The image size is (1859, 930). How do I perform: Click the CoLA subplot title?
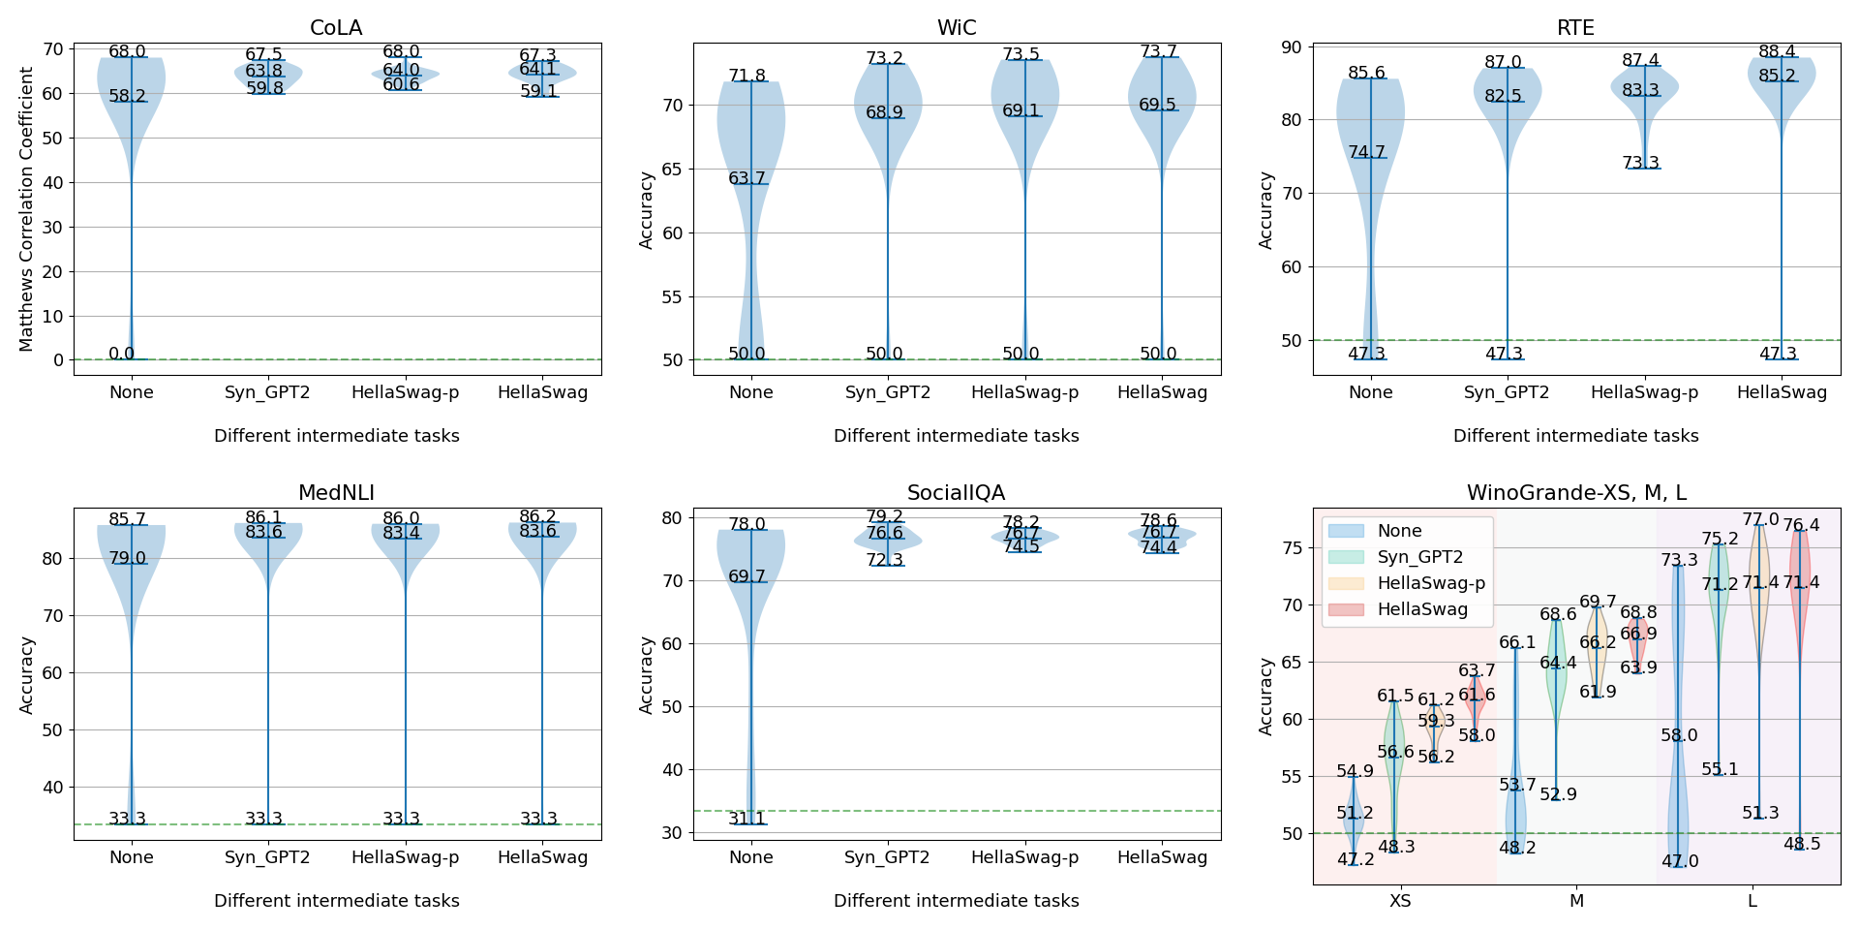[336, 28]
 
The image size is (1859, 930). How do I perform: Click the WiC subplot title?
[956, 28]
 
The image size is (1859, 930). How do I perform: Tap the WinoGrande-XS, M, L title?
[1575, 493]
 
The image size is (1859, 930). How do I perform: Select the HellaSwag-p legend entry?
[1431, 583]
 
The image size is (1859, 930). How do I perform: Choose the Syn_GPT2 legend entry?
[1419, 557]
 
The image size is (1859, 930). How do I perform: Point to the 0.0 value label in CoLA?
[122, 354]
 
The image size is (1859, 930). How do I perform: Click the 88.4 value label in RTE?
[1777, 51]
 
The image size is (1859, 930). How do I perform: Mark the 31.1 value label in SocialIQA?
[747, 819]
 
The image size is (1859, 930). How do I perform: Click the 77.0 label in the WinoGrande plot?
[1760, 520]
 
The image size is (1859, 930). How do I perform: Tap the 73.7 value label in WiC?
[1158, 51]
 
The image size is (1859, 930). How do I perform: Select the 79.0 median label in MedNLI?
[127, 558]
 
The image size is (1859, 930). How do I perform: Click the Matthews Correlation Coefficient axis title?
[26, 208]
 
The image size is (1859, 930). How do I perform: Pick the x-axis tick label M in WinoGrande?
[1576, 901]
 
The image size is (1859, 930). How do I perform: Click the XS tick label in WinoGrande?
[1400, 901]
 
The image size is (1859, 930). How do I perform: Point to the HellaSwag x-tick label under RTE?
[1782, 392]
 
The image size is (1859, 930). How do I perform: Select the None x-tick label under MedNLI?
[131, 857]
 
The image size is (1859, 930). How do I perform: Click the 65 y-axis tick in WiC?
[672, 169]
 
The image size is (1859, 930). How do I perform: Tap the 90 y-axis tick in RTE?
[1292, 46]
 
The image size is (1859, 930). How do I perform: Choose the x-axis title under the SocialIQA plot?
[956, 901]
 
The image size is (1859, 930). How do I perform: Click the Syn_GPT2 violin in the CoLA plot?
[268, 73]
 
